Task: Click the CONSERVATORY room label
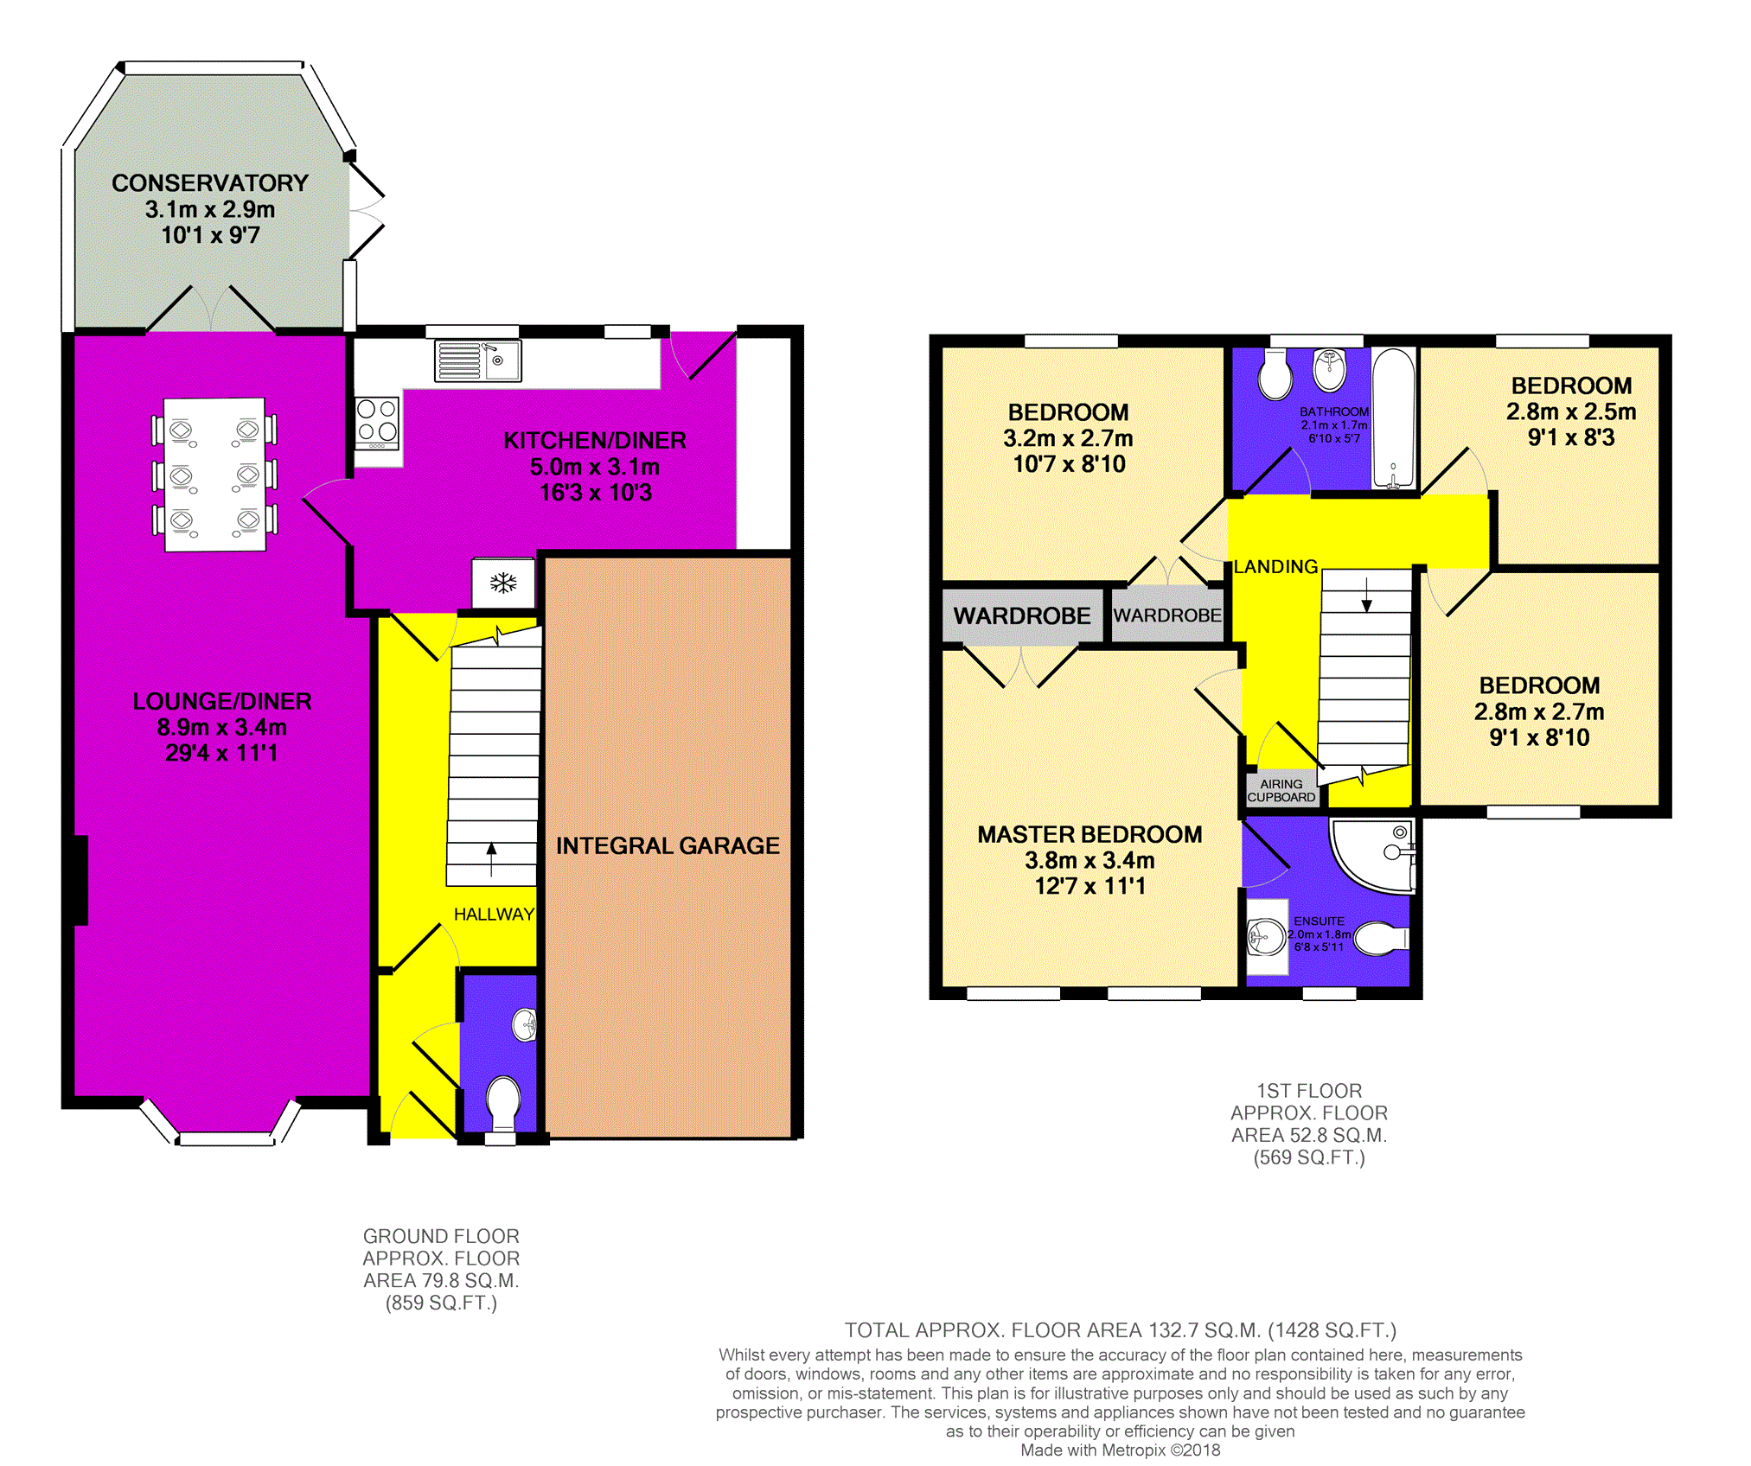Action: pyautogui.click(x=210, y=183)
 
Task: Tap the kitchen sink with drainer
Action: pyautogui.click(x=477, y=360)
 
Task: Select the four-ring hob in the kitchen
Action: pyautogui.click(x=377, y=422)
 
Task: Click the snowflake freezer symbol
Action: pyautogui.click(x=503, y=583)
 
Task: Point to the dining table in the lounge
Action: pyautogui.click(x=214, y=474)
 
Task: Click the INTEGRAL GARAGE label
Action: pyautogui.click(x=668, y=845)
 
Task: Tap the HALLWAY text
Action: pyautogui.click(x=494, y=914)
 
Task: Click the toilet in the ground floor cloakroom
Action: pyautogui.click(x=502, y=1101)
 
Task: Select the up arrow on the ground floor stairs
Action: pyautogui.click(x=492, y=858)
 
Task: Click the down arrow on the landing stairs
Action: pyautogui.click(x=1366, y=595)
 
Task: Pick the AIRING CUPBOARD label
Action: pyautogui.click(x=1281, y=790)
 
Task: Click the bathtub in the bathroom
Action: pyautogui.click(x=1393, y=417)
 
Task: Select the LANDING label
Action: pyautogui.click(x=1275, y=566)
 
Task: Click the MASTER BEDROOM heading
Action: pyautogui.click(x=1090, y=834)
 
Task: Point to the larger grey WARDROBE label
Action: pyautogui.click(x=1022, y=615)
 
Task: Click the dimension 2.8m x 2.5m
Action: pyautogui.click(x=1570, y=411)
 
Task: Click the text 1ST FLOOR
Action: pyautogui.click(x=1308, y=1091)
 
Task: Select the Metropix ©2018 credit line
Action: pyautogui.click(x=1120, y=1450)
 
